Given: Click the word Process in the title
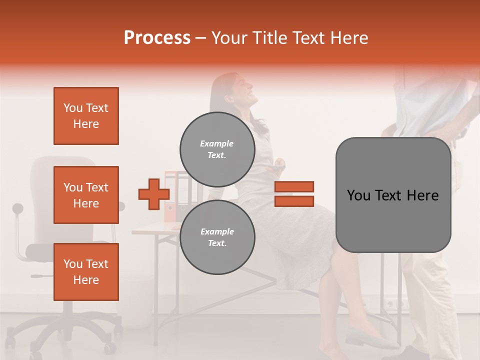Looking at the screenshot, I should (157, 38).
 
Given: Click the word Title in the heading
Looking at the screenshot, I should (270, 38).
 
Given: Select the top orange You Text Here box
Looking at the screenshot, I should (86, 116).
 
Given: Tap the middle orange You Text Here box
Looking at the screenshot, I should (86, 195).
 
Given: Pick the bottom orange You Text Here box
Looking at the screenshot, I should (86, 272).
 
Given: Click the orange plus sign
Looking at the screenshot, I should (153, 194).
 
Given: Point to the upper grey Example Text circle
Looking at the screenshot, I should (217, 149).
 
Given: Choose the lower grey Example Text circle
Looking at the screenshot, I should (217, 237).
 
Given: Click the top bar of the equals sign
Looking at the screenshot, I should (294, 186).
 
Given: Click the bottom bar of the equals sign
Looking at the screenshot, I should (294, 201).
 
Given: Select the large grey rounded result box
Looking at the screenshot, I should (393, 195).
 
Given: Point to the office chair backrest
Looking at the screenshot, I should (62, 190).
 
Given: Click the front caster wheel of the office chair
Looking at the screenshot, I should (106, 347).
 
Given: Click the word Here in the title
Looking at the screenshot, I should (348, 38).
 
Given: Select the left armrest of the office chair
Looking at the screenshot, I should (19, 220).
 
